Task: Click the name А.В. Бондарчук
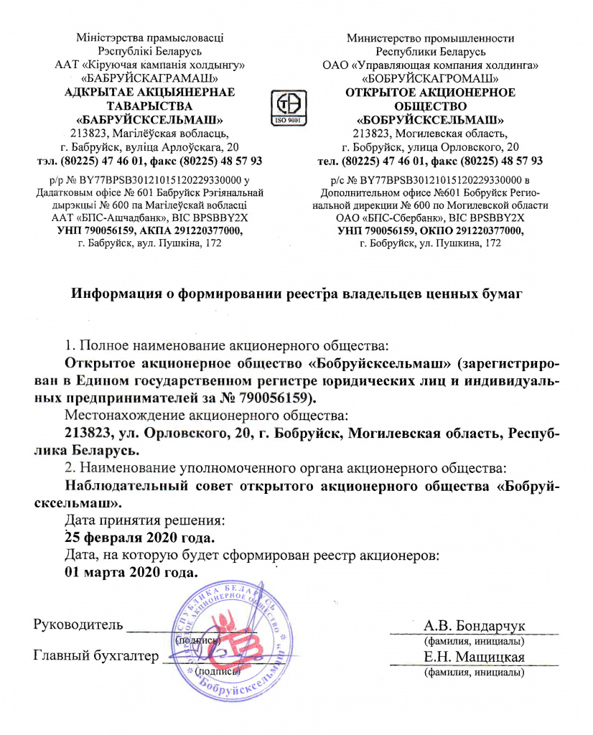(x=473, y=624)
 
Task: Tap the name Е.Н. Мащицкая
(x=473, y=657)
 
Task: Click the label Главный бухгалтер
(x=95, y=655)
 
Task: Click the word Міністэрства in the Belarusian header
(x=115, y=38)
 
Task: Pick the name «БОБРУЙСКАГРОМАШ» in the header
(x=430, y=77)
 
